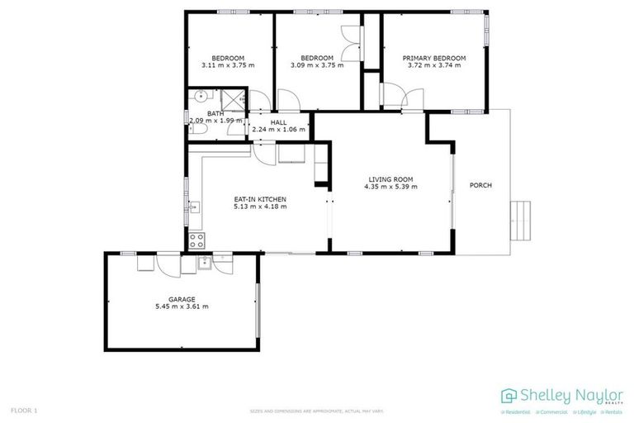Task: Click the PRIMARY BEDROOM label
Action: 433,59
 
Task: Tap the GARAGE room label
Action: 182,299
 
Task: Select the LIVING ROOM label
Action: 390,179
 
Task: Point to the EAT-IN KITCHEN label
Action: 260,199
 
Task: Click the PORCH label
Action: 480,185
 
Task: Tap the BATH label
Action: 215,114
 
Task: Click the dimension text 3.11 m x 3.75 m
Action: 227,65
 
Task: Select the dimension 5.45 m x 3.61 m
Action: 182,307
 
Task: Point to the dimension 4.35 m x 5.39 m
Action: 390,187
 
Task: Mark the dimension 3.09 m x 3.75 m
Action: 316,65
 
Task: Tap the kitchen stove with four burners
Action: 197,240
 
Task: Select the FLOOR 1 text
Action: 24,410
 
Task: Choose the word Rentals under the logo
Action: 613,411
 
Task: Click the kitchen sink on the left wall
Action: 195,207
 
